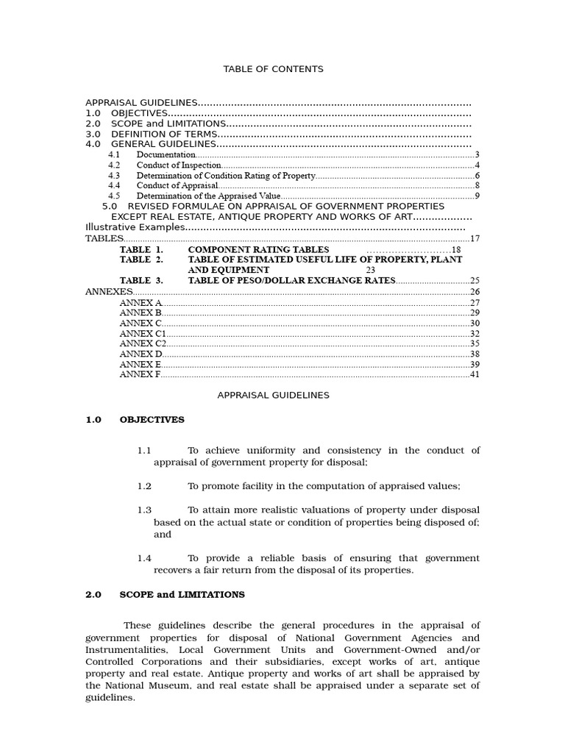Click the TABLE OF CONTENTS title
273,69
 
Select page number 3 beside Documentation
477,155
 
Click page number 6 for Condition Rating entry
477,176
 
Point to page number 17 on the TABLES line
475,238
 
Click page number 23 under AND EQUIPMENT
371,270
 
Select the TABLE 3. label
141,280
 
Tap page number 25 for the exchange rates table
475,280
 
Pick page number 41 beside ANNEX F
475,374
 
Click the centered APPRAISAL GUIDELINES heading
273,395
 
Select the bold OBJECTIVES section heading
152,420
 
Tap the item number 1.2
144,486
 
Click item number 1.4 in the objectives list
144,558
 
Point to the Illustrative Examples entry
135,227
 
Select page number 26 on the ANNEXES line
475,292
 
